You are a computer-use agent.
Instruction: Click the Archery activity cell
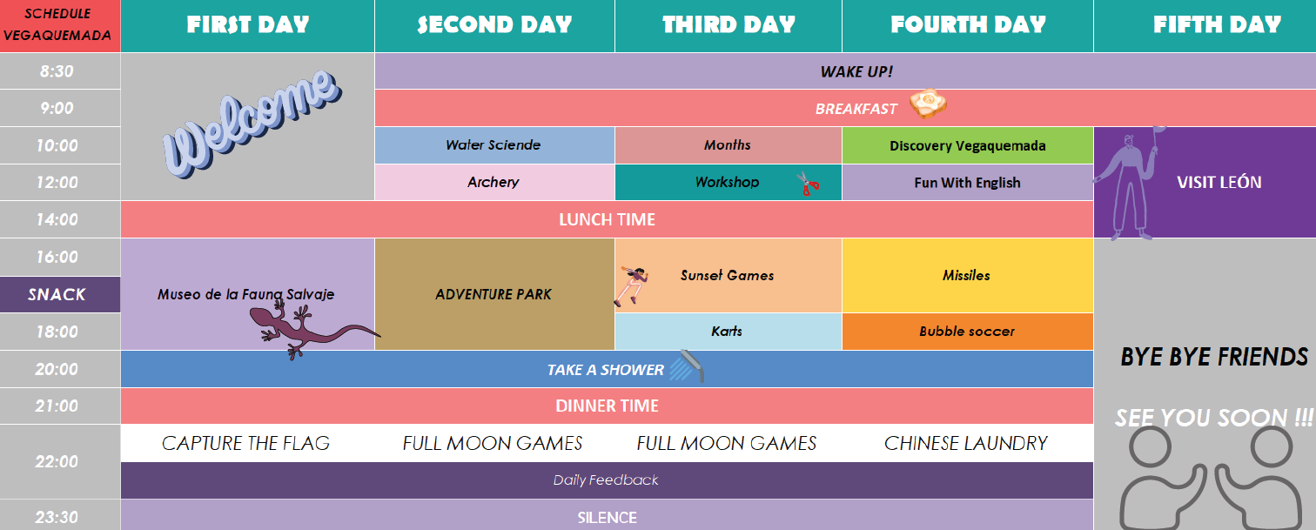click(x=494, y=182)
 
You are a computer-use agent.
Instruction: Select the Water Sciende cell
click(x=494, y=145)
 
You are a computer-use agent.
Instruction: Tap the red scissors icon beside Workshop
click(x=809, y=184)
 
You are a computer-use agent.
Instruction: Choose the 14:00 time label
click(x=57, y=220)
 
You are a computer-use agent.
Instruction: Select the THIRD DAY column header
click(x=728, y=26)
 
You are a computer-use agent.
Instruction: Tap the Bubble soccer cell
click(x=968, y=332)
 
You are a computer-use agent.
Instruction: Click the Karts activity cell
click(x=728, y=332)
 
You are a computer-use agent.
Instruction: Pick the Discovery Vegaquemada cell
click(x=968, y=145)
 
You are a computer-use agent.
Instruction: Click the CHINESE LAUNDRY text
click(x=966, y=443)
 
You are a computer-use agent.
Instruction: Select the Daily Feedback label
click(x=606, y=480)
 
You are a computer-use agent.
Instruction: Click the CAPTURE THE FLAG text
click(x=245, y=443)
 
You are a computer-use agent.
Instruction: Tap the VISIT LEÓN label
click(x=1219, y=182)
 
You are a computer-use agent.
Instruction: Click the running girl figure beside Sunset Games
click(x=631, y=285)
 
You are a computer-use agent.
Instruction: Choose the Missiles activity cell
click(x=968, y=276)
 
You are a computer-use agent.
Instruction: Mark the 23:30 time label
click(x=57, y=517)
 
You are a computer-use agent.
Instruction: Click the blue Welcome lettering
click(x=252, y=124)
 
